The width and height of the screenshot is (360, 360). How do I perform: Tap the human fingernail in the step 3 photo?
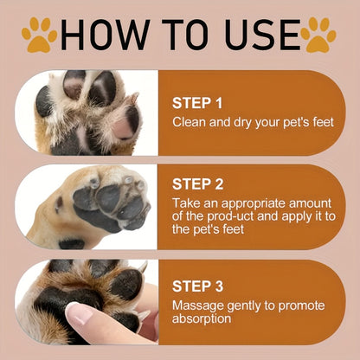point(76,314)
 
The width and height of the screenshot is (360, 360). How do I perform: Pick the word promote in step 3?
point(308,305)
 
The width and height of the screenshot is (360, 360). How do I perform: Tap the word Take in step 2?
point(186,203)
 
